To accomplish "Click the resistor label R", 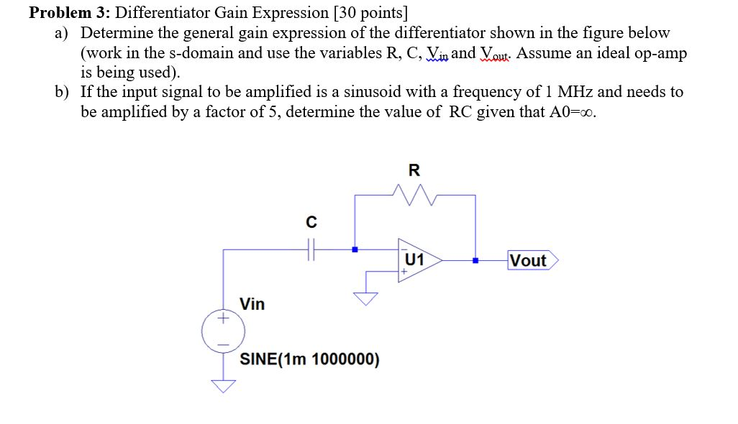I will point(414,170).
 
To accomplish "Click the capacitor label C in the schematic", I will point(311,223).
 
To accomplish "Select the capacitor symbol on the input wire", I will point(311,250).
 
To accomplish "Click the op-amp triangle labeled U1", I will point(417,259).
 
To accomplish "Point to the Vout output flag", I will point(532,260).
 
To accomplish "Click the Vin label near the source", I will point(252,304).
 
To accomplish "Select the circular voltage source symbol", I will point(223,331).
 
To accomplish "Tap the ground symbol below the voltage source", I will point(223,386).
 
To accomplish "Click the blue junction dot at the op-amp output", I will point(475,260).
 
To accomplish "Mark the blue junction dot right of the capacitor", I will point(354,250).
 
